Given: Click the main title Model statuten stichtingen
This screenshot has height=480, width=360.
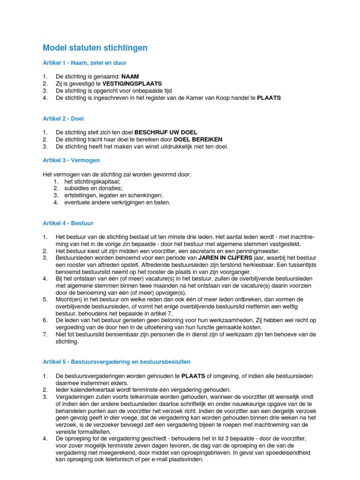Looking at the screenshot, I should (x=95, y=48).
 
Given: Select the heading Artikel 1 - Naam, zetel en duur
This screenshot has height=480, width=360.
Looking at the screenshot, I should (x=84, y=62).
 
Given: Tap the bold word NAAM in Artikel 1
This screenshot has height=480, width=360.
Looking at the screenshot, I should (x=130, y=76).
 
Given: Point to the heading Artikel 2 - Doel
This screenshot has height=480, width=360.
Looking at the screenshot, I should (x=63, y=119).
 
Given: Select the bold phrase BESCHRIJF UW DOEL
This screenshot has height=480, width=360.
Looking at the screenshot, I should (x=166, y=132).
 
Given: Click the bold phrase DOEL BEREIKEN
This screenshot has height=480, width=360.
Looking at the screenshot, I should (x=198, y=139).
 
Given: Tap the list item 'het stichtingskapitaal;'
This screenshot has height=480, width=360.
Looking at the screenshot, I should (x=93, y=181).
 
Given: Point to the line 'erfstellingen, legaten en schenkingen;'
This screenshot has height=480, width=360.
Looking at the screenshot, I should (x=114, y=195).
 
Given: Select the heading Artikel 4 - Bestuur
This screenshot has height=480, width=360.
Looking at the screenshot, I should (x=67, y=224).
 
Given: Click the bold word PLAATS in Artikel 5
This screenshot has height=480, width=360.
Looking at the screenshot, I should (x=193, y=376).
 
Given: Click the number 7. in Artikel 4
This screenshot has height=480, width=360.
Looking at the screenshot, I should (x=45, y=334).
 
